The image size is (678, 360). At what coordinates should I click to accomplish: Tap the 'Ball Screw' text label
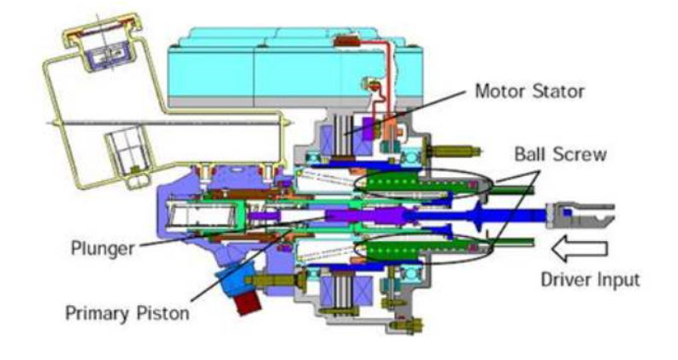[552, 156]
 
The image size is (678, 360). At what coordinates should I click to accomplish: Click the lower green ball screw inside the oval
[405, 251]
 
